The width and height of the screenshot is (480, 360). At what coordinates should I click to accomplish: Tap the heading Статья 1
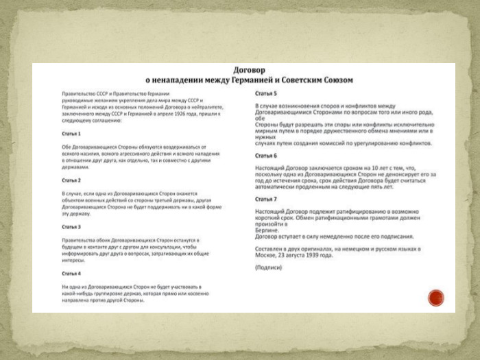tap(71, 133)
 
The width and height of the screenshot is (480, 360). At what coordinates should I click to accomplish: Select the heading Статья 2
tap(71, 180)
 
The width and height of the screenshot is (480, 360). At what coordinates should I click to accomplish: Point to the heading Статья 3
tap(71, 226)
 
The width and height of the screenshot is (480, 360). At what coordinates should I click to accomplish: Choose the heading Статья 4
tap(71, 273)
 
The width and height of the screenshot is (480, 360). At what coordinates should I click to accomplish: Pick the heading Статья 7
tap(266, 199)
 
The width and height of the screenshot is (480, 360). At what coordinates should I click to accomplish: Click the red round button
tap(436, 298)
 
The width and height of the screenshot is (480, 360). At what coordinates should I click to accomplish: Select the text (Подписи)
tap(268, 267)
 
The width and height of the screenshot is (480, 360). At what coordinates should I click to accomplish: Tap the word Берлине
tap(267, 230)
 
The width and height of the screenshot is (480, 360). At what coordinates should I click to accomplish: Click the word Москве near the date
tap(265, 255)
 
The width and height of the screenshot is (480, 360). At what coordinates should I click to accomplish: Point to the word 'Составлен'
tap(269, 249)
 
